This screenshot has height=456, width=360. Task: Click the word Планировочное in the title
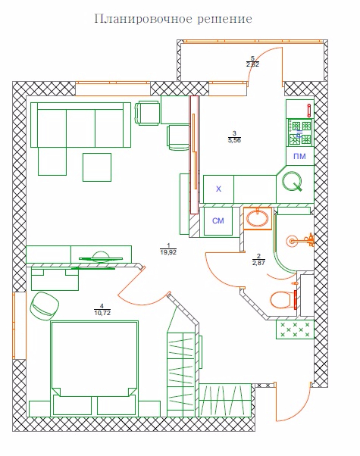[143, 19]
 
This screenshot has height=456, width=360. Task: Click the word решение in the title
[224, 20]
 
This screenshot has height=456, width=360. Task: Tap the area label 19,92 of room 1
[168, 252]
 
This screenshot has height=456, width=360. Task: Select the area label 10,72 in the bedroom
[102, 313]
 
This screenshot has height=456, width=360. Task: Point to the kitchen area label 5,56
[234, 140]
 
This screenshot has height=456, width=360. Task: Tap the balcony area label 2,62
[252, 64]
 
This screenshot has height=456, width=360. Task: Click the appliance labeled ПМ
[299, 157]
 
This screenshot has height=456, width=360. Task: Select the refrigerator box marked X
[218, 189]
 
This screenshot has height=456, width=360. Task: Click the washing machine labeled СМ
[218, 221]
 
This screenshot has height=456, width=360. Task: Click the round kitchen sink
[292, 182]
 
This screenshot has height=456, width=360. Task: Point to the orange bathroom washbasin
[258, 218]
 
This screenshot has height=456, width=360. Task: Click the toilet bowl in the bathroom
[282, 300]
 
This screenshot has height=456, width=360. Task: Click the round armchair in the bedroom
[45, 306]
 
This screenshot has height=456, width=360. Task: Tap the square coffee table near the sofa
[97, 167]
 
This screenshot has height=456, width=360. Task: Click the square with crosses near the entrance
[295, 330]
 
